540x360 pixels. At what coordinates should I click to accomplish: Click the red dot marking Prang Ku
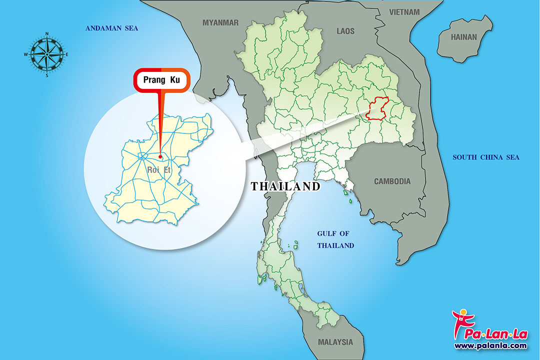click(x=160, y=156)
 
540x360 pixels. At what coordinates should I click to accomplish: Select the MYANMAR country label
click(x=220, y=22)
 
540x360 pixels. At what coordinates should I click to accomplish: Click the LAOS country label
click(x=345, y=31)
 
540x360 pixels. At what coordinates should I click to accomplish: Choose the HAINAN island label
click(x=464, y=37)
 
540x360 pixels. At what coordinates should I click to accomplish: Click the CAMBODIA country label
click(x=392, y=181)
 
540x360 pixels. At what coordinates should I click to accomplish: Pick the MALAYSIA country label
click(x=335, y=342)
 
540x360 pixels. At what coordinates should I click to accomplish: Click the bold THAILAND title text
click(x=285, y=186)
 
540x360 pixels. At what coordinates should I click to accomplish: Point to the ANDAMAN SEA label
click(x=111, y=28)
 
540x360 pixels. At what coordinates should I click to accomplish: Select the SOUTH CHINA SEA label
click(x=485, y=157)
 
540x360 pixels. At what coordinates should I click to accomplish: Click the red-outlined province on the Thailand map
click(x=377, y=108)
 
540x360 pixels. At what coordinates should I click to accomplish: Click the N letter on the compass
click(x=47, y=34)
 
